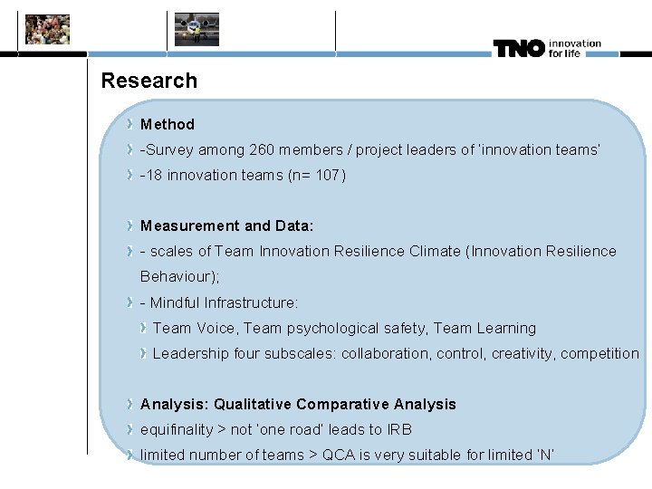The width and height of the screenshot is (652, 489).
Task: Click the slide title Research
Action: (x=149, y=81)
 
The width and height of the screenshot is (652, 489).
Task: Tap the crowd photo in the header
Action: (x=47, y=30)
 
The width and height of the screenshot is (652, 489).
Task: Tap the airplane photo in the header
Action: (x=197, y=30)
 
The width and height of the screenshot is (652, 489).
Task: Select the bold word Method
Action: (x=168, y=124)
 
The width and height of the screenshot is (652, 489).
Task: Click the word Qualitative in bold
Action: (x=253, y=404)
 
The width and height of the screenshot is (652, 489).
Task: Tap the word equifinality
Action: (x=177, y=429)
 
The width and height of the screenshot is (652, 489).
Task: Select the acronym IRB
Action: (x=399, y=429)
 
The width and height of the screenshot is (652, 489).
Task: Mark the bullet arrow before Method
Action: (x=131, y=124)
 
